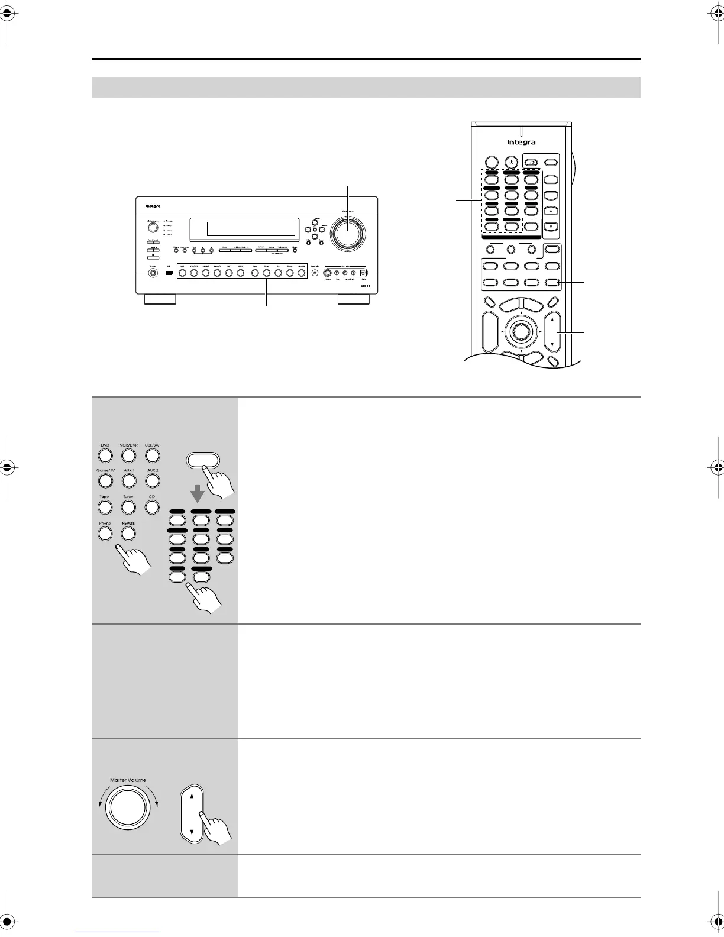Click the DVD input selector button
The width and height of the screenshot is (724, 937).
point(105,455)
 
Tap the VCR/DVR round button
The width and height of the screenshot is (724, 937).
point(128,455)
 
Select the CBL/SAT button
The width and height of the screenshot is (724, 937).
point(152,455)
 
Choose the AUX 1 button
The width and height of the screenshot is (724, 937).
point(128,480)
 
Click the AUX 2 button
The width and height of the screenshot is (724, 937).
point(152,480)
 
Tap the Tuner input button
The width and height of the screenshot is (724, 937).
point(128,507)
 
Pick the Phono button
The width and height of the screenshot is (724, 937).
point(105,534)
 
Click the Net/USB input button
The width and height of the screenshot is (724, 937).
point(128,534)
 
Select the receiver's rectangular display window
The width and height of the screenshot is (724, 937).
point(243,228)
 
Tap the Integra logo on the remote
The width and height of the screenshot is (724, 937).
point(521,143)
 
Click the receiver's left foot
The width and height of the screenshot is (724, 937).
point(160,300)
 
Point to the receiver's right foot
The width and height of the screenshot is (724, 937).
point(353,300)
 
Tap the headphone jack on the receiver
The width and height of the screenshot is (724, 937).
point(153,273)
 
